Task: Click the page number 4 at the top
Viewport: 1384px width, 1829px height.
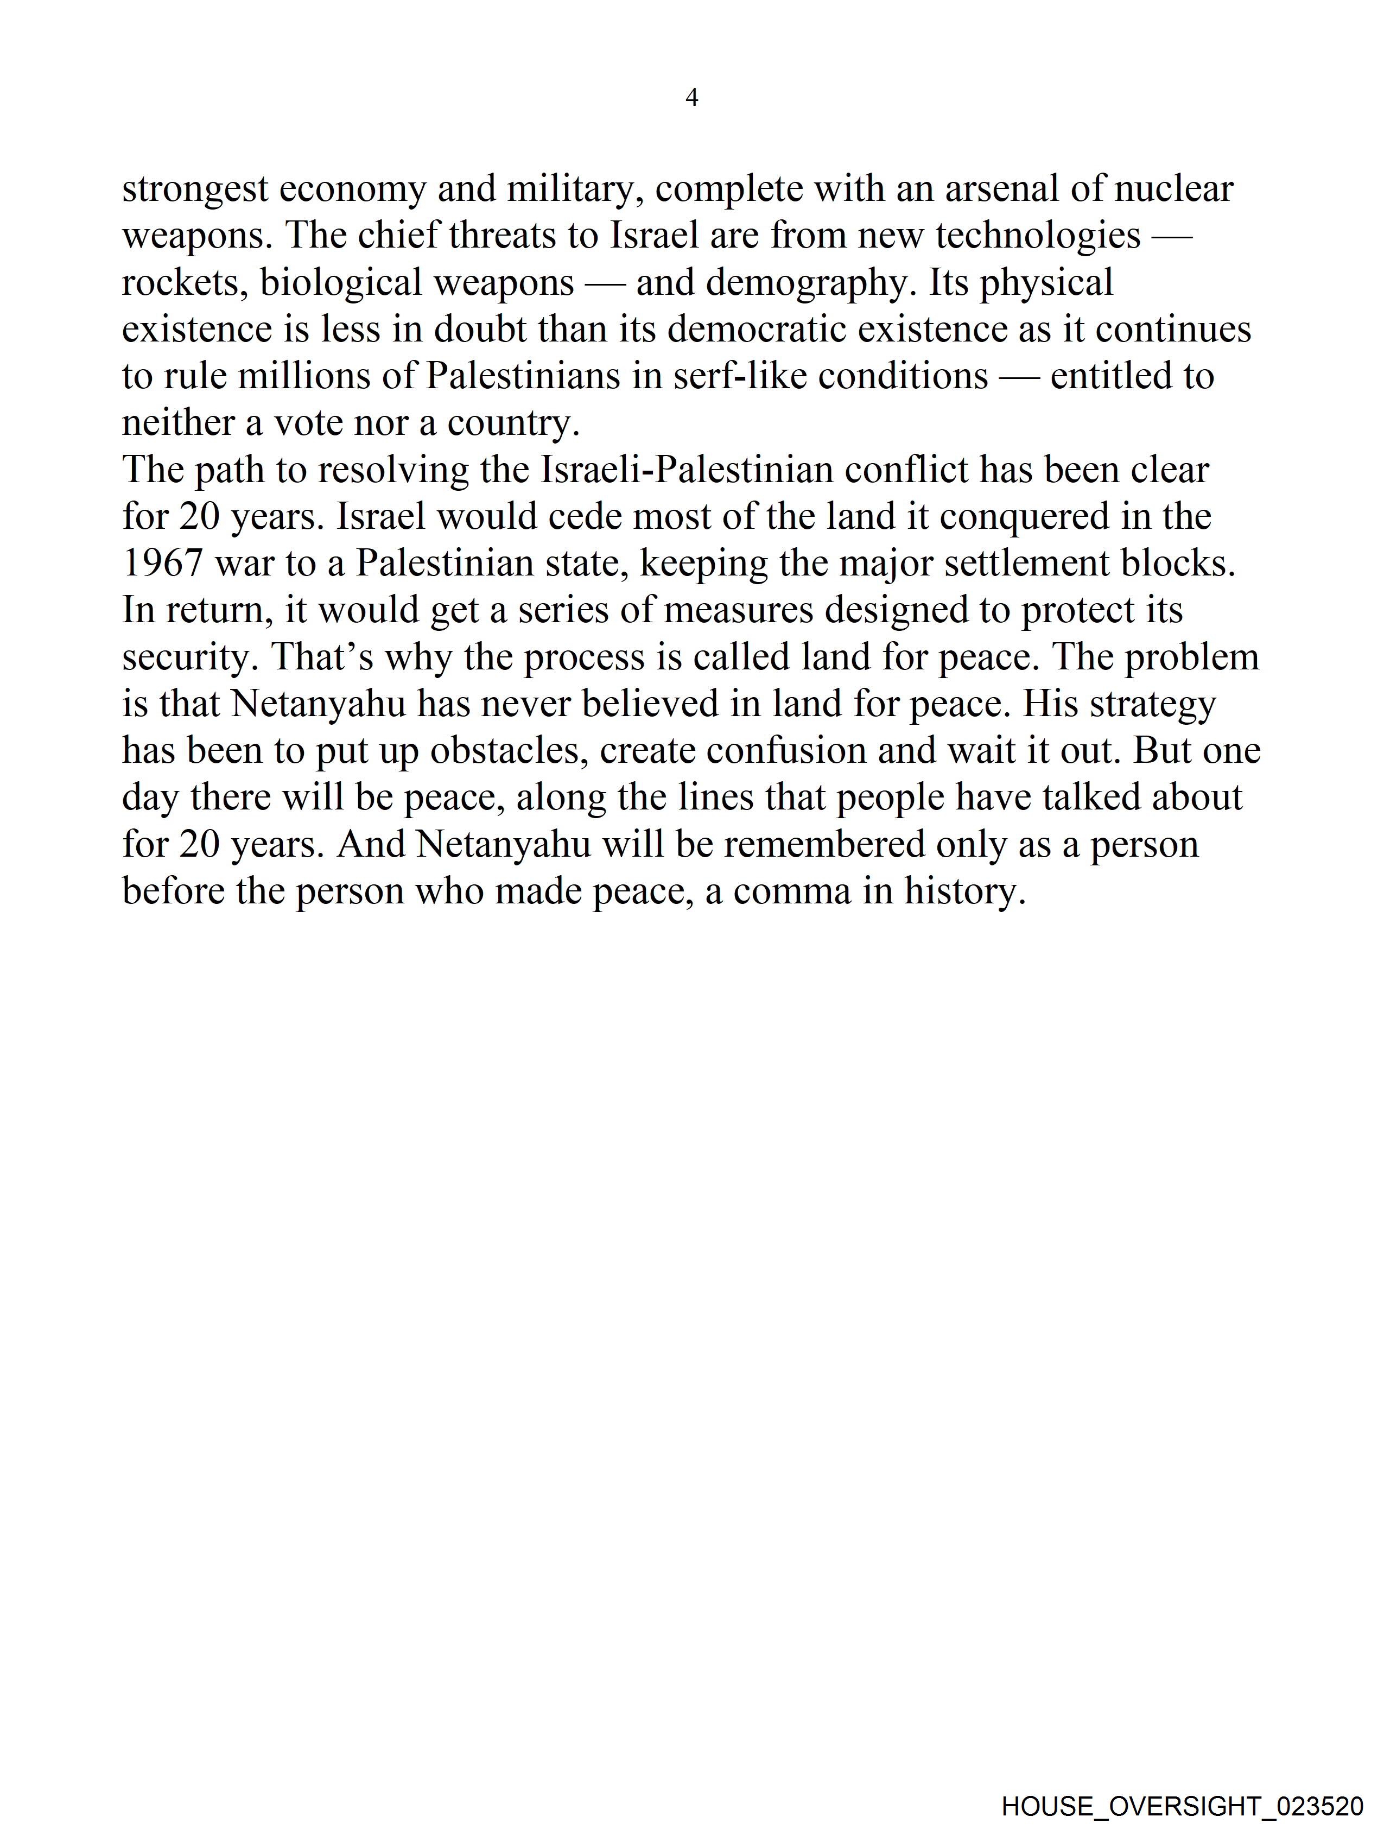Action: tap(692, 98)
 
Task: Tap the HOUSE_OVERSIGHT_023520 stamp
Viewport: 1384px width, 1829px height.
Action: tap(1182, 1806)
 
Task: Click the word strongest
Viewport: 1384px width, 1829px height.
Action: tap(195, 189)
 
